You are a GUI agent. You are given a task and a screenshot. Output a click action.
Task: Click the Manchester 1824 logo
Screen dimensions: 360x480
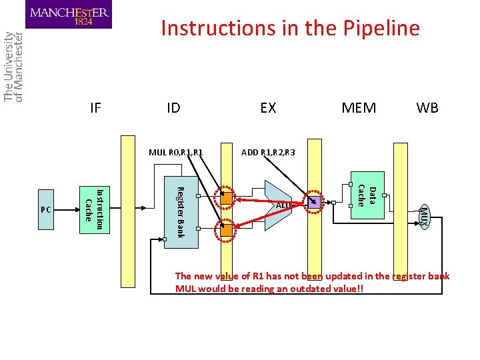69,15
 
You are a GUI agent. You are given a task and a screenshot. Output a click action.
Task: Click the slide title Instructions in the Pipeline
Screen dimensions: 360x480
290,28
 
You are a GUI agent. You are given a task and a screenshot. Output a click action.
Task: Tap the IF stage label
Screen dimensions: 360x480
95,107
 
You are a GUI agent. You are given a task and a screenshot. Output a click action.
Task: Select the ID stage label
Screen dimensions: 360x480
173,107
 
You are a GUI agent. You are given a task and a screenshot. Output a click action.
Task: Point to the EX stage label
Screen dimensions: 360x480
268,107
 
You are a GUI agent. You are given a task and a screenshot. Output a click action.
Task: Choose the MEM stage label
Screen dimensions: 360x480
359,107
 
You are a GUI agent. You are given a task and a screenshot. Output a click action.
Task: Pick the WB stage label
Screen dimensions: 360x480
427,107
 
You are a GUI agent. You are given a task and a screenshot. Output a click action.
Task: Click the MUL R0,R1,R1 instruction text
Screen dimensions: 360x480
175,153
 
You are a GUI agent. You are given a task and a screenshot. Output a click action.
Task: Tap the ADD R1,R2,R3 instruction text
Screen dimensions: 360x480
268,153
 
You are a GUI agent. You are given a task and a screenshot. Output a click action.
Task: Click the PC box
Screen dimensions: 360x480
46,209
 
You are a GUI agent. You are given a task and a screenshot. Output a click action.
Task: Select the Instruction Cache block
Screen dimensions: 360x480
93,209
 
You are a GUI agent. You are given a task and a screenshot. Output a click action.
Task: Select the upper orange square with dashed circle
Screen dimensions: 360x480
227,198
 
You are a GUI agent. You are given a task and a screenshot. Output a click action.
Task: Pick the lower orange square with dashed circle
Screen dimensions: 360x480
227,231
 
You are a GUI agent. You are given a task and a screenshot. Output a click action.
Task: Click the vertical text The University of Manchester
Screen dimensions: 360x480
13,67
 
